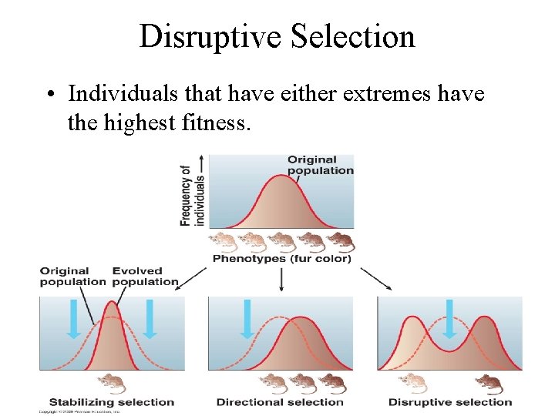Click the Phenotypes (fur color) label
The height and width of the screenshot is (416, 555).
(x=281, y=259)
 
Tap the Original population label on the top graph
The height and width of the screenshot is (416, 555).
(x=320, y=165)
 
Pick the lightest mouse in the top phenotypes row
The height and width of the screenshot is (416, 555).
(x=224, y=242)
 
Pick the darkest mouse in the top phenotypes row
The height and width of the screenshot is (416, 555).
(x=340, y=242)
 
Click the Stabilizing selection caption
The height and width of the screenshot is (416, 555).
(x=112, y=402)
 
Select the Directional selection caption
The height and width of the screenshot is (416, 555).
(x=280, y=402)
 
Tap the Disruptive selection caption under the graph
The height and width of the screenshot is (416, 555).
(x=450, y=402)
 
